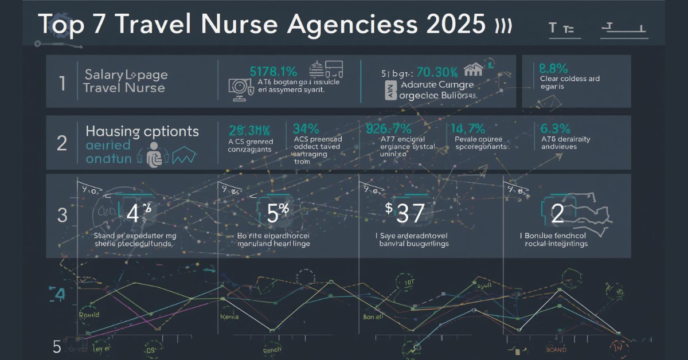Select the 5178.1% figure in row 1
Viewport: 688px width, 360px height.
coord(273,72)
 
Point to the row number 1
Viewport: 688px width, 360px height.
coord(62,84)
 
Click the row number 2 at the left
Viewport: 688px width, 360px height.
coord(62,143)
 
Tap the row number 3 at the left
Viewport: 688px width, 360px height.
coord(62,216)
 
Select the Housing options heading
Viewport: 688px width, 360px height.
coord(142,131)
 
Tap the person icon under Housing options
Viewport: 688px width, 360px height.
coord(154,155)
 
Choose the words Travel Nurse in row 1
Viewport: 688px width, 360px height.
coord(124,88)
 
